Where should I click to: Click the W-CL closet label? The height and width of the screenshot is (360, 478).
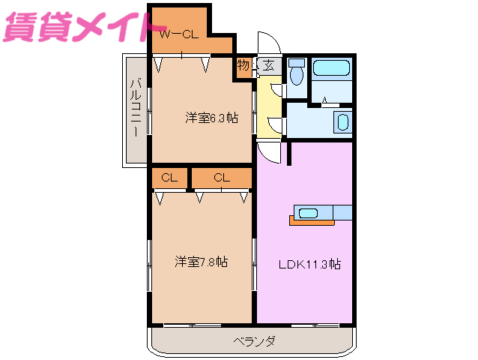(x=178, y=33)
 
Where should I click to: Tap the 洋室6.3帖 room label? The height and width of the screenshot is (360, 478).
(x=212, y=118)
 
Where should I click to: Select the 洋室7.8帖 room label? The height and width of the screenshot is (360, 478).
(x=202, y=262)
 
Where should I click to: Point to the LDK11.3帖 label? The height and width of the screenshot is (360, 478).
(x=310, y=264)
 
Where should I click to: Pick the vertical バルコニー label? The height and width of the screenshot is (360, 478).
(x=136, y=109)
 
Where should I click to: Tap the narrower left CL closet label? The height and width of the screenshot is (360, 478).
(x=169, y=178)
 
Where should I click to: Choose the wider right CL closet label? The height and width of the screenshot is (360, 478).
(x=221, y=178)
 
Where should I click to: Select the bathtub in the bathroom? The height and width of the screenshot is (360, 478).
(x=331, y=69)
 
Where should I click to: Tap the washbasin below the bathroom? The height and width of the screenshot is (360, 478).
(x=342, y=121)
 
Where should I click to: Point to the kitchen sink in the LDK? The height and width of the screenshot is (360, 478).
(x=309, y=212)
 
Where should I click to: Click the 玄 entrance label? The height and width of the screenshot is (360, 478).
(x=267, y=65)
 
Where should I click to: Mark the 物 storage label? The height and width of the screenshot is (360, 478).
(x=243, y=66)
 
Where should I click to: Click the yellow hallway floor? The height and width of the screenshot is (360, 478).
(x=267, y=109)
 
